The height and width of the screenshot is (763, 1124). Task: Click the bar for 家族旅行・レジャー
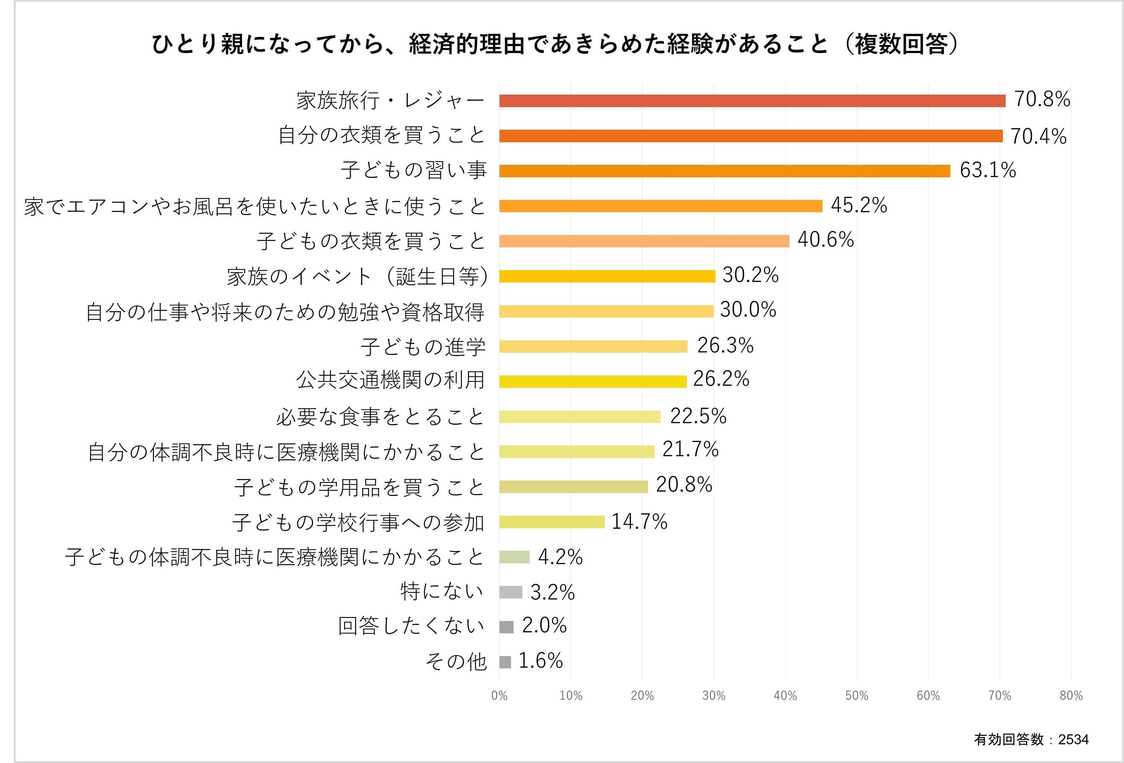tap(752, 101)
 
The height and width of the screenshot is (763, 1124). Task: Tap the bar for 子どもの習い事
tap(725, 171)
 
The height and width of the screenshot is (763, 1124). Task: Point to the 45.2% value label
tap(859, 205)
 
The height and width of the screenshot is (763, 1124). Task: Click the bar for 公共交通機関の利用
tap(593, 381)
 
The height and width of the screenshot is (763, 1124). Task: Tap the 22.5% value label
tap(698, 416)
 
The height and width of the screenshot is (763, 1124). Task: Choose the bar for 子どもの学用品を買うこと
tap(573, 487)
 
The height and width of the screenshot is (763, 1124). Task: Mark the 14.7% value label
tap(640, 522)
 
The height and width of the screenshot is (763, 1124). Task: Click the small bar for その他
tap(505, 662)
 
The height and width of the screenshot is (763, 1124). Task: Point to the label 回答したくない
tap(411, 626)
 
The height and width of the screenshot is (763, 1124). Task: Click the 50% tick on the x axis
tap(857, 696)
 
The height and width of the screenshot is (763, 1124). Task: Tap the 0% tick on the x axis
tap(499, 696)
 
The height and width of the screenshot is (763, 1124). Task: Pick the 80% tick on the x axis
tap(1071, 696)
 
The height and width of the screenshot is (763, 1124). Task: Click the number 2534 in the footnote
tap(1073, 739)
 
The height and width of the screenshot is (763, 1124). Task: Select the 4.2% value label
tap(560, 557)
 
